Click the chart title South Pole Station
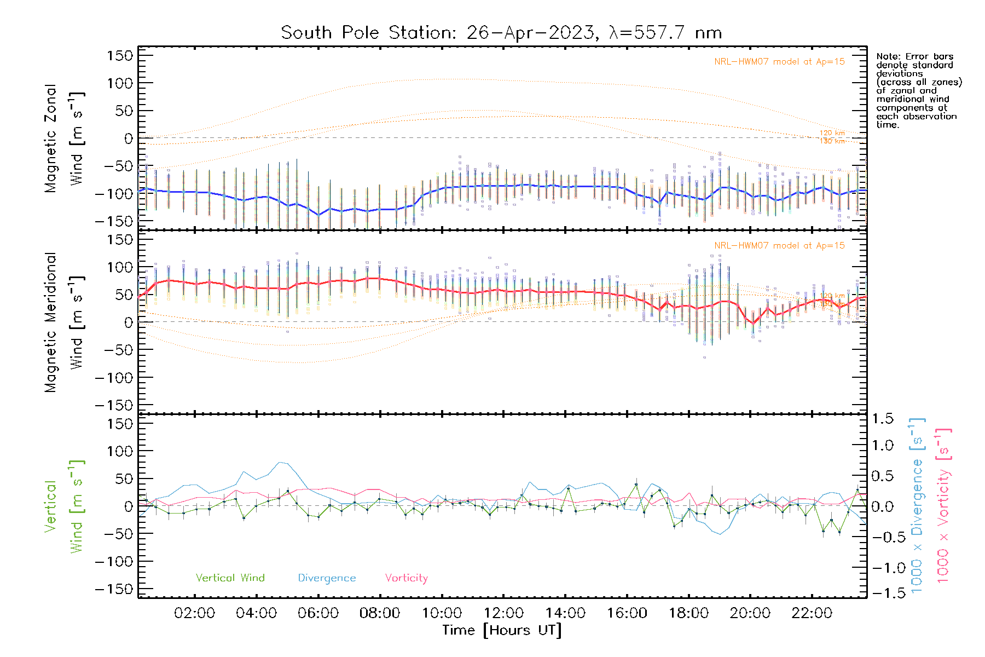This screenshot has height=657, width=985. click(501, 33)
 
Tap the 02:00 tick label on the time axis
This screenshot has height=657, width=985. click(194, 613)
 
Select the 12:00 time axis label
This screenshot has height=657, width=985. click(503, 613)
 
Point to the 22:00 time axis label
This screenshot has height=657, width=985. click(812, 613)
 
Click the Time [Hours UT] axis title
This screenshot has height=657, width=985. click(502, 631)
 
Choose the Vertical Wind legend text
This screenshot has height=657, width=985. click(230, 578)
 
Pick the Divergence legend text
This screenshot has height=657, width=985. click(327, 578)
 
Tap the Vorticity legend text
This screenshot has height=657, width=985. click(406, 578)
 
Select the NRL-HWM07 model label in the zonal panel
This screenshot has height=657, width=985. click(779, 62)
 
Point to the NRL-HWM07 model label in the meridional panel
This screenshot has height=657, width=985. click(779, 246)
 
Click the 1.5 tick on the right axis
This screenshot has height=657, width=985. click(883, 419)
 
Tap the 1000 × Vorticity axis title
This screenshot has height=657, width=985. click(943, 505)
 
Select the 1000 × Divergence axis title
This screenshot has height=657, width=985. click(917, 505)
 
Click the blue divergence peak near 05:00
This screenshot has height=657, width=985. click(282, 463)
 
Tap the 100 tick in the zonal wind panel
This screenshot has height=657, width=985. click(120, 83)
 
